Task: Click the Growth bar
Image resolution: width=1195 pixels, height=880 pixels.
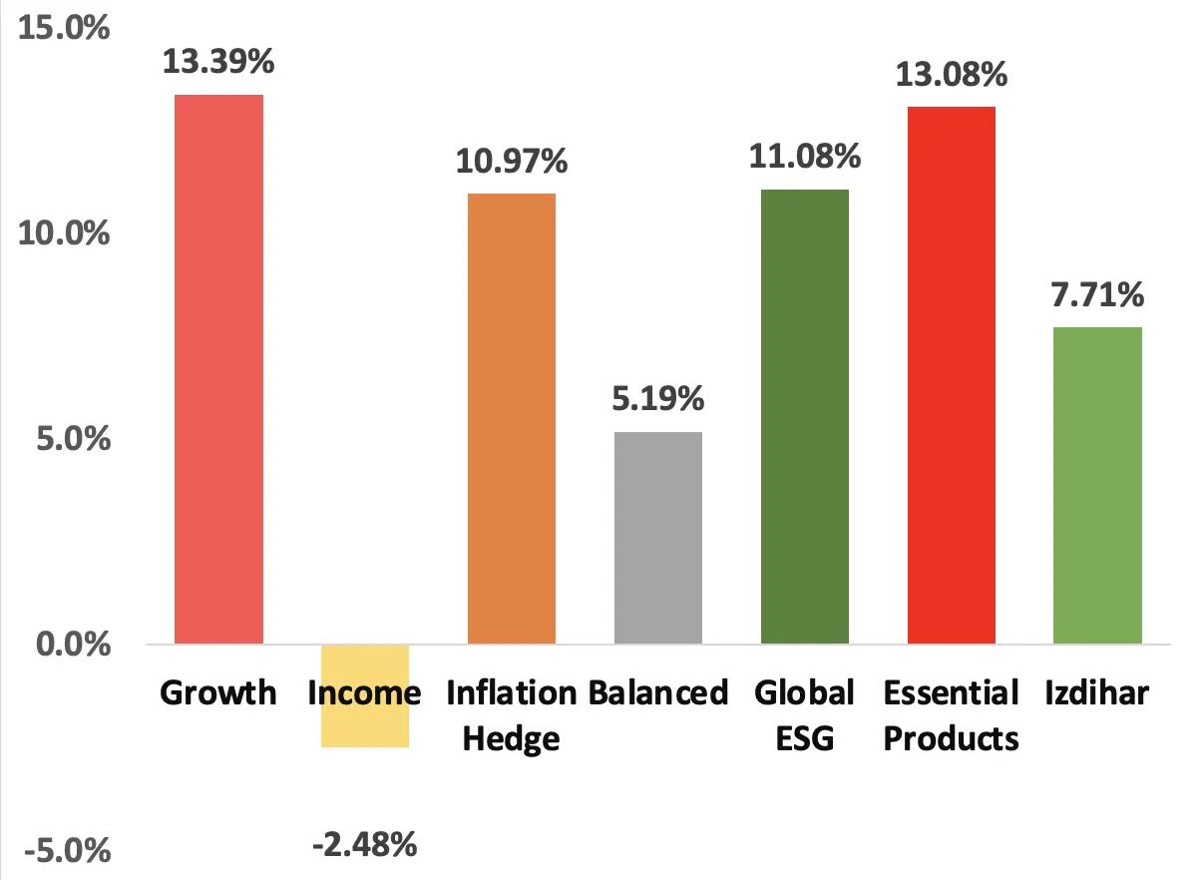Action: click(219, 369)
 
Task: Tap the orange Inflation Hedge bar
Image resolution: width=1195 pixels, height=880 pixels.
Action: click(512, 419)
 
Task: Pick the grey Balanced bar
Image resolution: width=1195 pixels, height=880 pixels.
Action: click(658, 538)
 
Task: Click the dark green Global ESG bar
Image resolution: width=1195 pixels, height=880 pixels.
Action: click(805, 416)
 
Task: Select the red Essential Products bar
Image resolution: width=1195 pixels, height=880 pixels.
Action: click(952, 375)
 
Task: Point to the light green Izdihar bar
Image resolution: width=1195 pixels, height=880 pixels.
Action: click(1097, 485)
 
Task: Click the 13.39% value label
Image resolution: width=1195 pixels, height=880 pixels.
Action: click(219, 63)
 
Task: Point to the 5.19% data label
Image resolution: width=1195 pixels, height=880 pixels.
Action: click(658, 400)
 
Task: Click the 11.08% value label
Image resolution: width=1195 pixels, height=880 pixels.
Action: click(805, 157)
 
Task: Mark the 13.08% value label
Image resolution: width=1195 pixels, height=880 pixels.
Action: click(952, 75)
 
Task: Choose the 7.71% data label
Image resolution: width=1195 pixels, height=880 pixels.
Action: click(1097, 295)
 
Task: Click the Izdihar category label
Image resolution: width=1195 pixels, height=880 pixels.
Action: click(1097, 692)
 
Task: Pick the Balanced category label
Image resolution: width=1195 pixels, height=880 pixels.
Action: click(658, 692)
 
